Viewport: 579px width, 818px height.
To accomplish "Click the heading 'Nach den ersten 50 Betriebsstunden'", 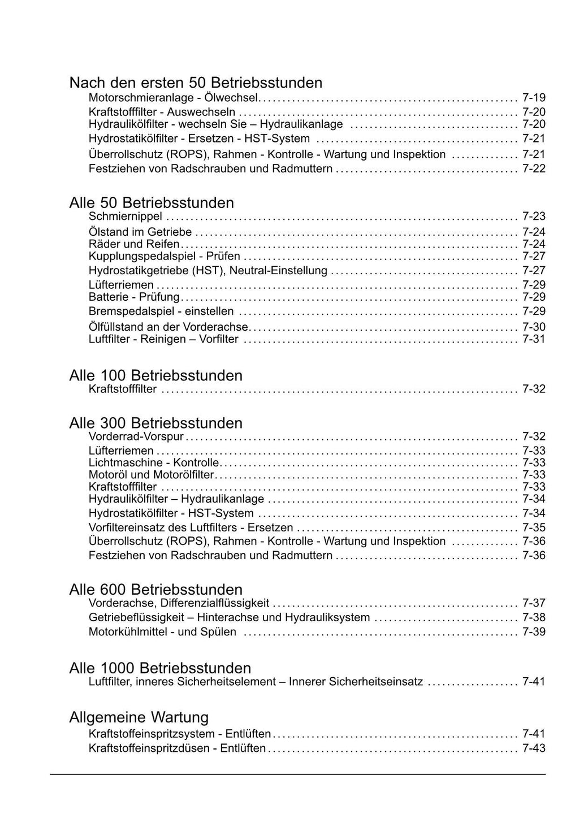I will [196, 83].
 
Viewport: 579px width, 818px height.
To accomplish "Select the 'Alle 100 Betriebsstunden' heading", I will [155, 375].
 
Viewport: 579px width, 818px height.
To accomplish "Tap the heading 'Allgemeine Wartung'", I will [139, 717].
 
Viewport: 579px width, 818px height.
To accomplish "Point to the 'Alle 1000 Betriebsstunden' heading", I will [160, 668].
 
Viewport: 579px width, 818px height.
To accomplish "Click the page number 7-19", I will [534, 97].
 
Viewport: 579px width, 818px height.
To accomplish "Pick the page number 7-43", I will [534, 748].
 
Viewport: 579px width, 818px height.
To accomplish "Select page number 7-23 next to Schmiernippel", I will [534, 216].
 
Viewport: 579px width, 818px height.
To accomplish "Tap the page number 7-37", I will [534, 603].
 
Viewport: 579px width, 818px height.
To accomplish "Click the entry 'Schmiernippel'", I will [126, 217].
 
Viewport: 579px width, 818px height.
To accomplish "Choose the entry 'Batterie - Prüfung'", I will [134, 297].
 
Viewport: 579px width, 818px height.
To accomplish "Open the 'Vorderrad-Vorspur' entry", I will [136, 436].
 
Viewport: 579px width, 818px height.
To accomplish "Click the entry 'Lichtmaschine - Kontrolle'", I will [154, 462].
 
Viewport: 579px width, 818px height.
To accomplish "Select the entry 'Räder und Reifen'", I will [134, 244].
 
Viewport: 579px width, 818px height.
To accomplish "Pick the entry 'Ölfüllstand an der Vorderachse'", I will [168, 327].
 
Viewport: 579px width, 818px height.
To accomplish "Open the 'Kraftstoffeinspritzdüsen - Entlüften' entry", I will [177, 748].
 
